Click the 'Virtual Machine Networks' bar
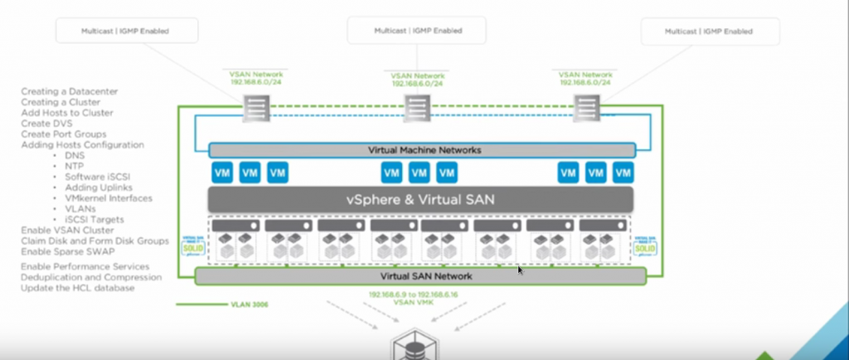pos(422,150)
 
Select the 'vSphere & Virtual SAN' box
pos(420,199)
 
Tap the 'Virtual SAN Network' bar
pos(420,276)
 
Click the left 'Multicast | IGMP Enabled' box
pos(126,31)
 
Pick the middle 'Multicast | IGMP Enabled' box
pos(416,31)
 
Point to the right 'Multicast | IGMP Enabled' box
pos(711,31)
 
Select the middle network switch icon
pos(416,108)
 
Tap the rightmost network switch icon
pos(586,108)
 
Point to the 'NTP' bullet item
pos(75,166)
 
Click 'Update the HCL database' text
pos(77,288)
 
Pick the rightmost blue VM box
pos(622,173)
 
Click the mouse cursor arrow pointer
pos(520,269)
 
